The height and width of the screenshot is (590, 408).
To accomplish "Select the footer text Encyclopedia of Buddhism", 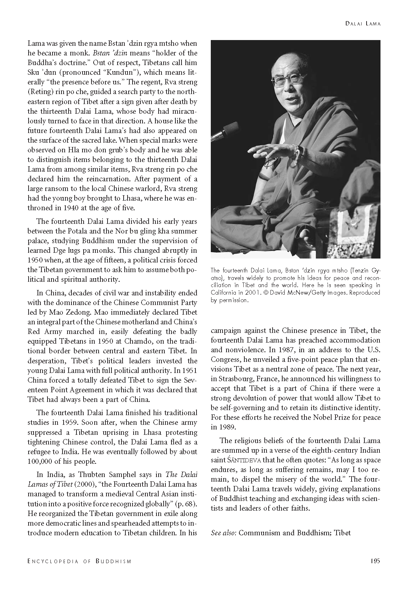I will point(79,561).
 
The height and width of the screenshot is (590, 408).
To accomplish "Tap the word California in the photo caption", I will point(225,293).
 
